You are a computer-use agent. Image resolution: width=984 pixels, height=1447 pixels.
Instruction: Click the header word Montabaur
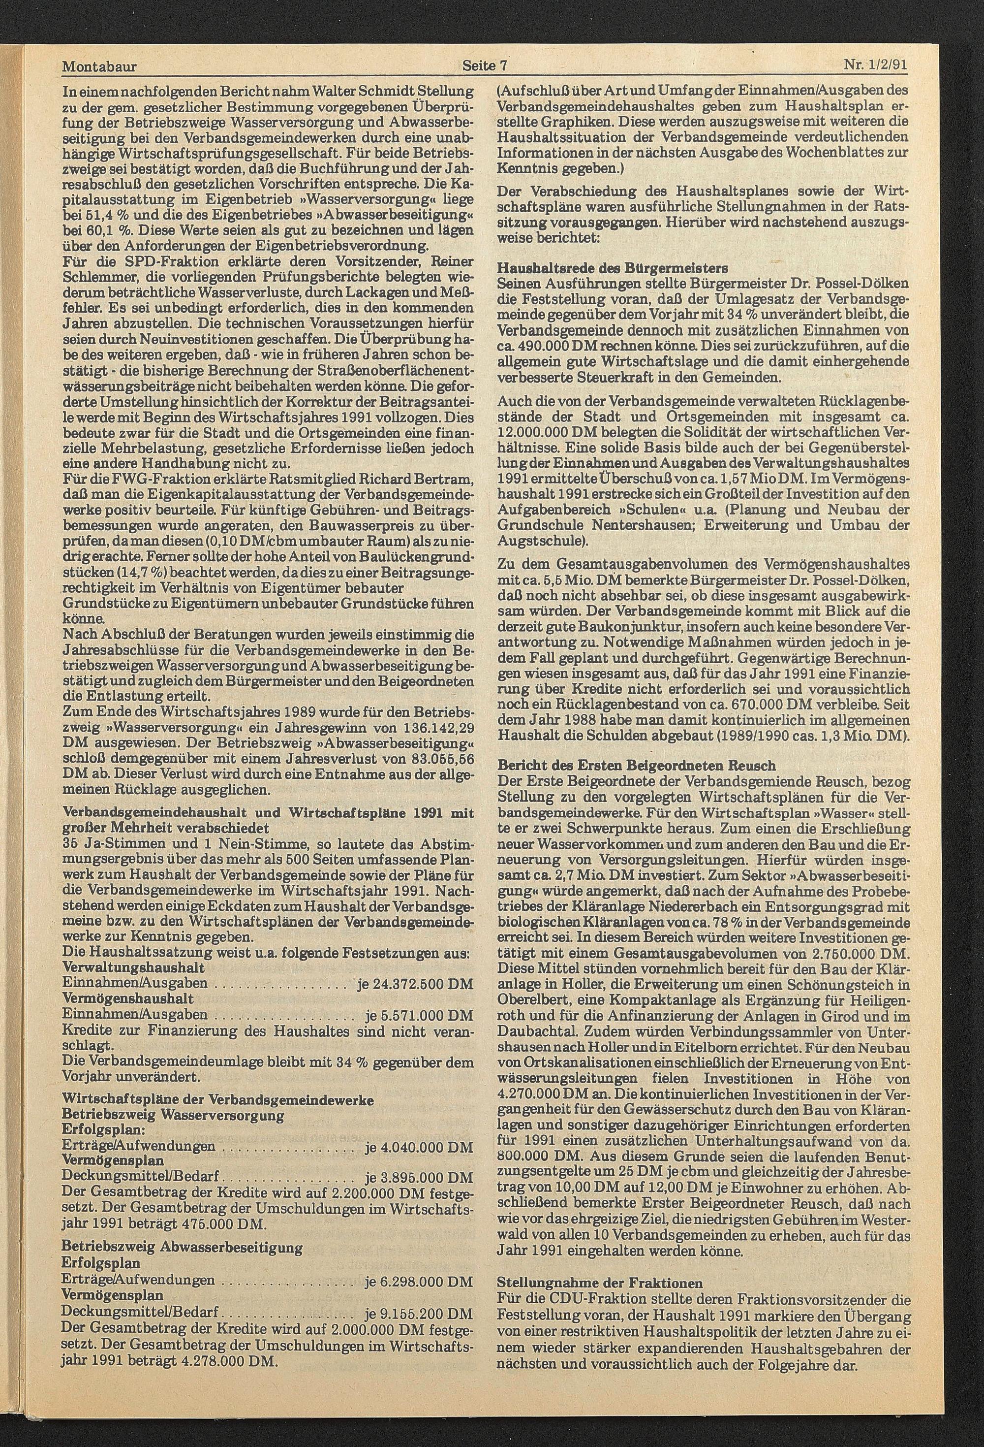(99, 65)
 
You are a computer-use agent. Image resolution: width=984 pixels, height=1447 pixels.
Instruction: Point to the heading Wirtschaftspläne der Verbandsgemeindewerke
(218, 1099)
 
